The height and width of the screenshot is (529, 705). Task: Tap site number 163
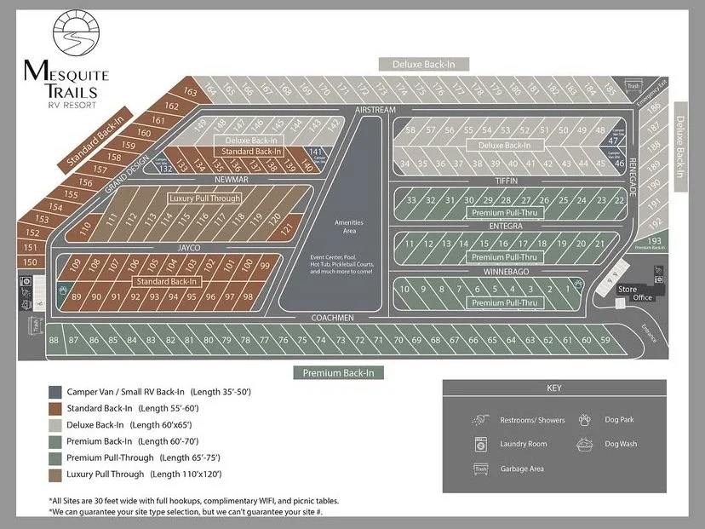189,92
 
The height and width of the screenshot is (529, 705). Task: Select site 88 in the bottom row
54,340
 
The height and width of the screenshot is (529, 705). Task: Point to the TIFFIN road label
506,181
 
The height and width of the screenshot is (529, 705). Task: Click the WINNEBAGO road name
507,271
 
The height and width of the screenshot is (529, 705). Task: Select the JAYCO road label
189,247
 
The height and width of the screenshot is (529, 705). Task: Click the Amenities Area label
348,226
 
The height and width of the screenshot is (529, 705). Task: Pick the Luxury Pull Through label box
204,198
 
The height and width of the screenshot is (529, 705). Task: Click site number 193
654,242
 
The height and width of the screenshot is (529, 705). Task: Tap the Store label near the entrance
627,290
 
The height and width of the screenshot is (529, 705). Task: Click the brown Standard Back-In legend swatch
55,408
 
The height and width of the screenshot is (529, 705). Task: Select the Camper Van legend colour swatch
55,392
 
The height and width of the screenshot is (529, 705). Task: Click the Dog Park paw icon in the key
585,419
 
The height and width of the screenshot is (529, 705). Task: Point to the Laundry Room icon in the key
479,444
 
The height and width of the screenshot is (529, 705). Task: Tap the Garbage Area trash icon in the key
479,469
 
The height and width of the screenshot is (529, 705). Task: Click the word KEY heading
554,388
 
